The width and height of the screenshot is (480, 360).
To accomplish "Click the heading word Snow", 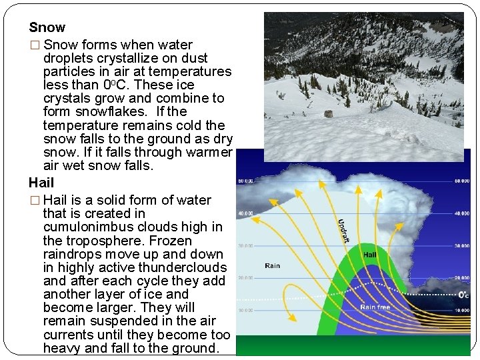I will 47,27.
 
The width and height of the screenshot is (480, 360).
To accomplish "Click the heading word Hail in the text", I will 41,182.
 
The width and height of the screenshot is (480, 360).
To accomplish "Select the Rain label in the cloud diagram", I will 272,265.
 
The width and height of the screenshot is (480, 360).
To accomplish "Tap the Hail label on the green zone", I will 370,254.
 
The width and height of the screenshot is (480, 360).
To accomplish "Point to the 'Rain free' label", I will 375,307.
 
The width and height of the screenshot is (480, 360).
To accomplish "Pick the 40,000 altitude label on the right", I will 461,213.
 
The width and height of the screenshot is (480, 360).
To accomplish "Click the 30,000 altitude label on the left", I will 245,245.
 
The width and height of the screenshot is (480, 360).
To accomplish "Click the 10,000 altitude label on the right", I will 461,310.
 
